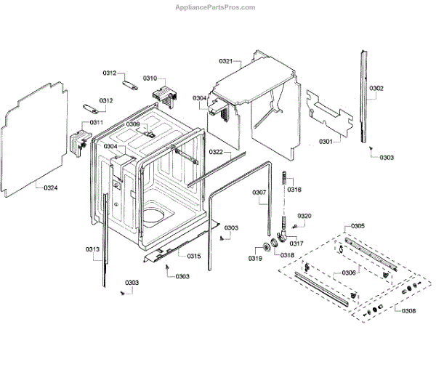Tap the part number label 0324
(51, 188)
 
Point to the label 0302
(376, 89)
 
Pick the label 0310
(150, 78)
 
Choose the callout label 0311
(96, 122)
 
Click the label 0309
(132, 124)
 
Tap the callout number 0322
(216, 152)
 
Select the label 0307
(259, 192)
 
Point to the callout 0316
(294, 190)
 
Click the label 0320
(304, 216)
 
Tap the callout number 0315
(193, 256)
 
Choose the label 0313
(92, 249)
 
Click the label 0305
(358, 226)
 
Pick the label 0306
(348, 273)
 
